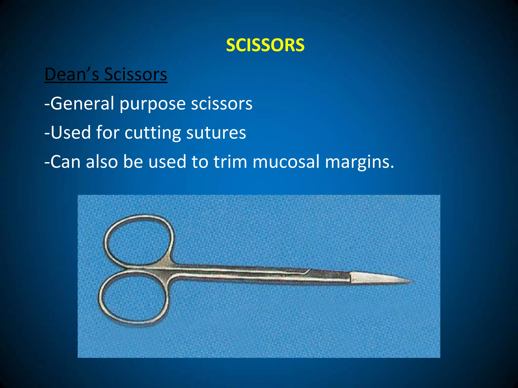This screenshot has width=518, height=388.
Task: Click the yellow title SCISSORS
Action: [x=265, y=45]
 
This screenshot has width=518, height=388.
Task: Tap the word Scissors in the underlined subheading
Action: [x=136, y=75]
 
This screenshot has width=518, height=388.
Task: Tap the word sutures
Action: [x=216, y=133]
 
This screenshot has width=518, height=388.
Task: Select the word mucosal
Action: [x=286, y=162]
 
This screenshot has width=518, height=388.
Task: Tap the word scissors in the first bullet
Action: [x=222, y=104]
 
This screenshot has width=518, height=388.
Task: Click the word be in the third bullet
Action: [x=133, y=162]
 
